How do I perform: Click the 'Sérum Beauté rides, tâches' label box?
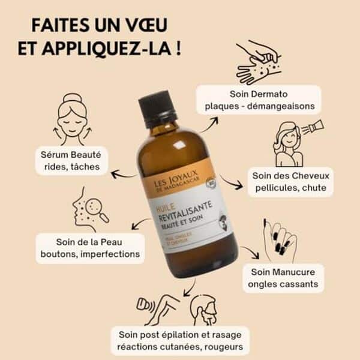[71, 160]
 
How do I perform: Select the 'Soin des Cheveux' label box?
[289, 179]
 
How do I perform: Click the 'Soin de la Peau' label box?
[90, 248]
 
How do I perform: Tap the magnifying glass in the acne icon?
[101, 214]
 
